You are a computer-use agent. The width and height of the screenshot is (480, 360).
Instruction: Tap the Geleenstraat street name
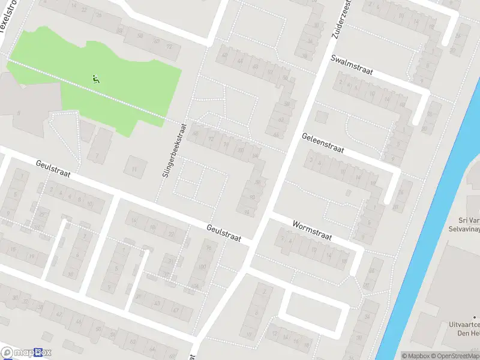(x=322, y=143)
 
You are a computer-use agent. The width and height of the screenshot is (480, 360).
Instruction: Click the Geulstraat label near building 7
(x=53, y=169)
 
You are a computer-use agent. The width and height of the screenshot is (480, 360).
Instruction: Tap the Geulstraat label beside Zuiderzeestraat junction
(x=223, y=233)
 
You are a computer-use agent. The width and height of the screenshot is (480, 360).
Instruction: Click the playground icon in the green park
(x=95, y=78)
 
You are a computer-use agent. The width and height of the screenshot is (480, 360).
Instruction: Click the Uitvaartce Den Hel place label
(x=463, y=328)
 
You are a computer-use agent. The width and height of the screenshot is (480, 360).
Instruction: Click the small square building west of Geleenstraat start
(x=322, y=116)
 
